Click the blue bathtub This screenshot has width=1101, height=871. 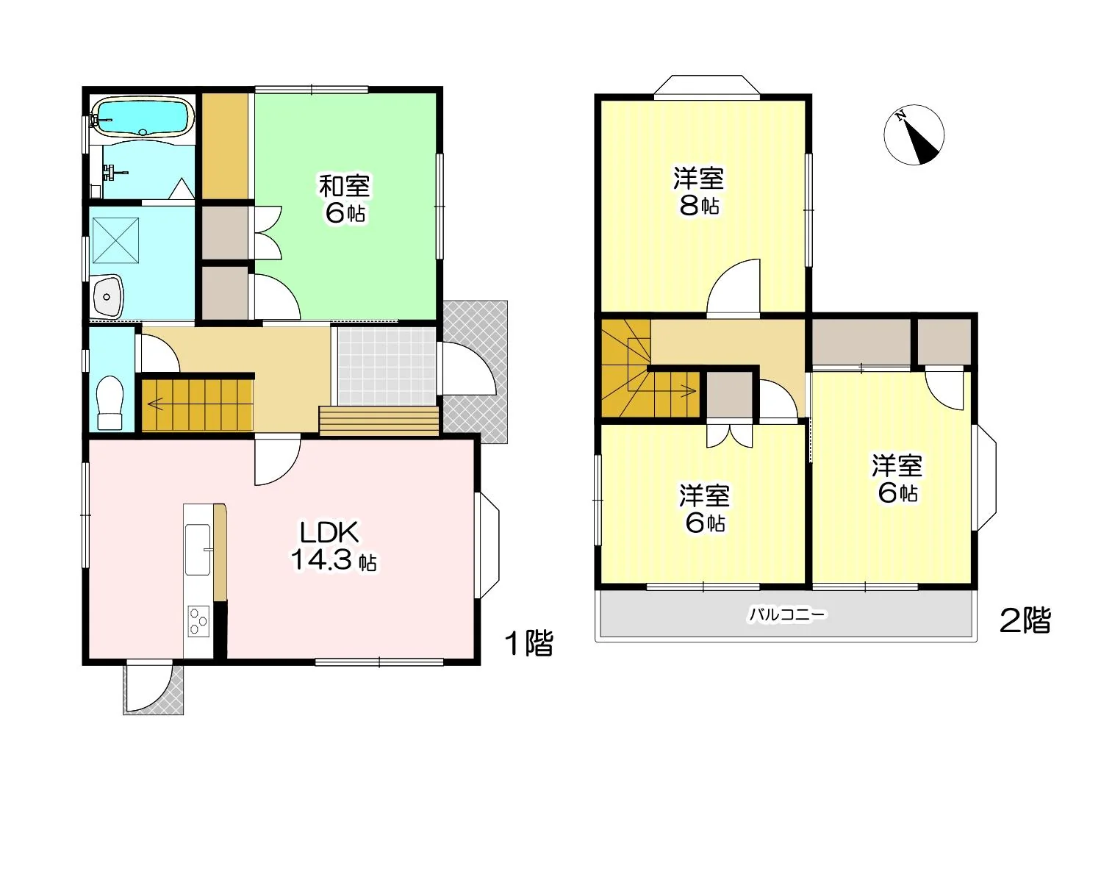143,118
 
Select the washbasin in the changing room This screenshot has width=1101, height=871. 107,295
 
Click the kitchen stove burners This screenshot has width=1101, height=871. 198,621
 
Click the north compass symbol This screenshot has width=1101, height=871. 914,135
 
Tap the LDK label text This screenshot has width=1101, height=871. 329,533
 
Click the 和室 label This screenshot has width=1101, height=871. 344,186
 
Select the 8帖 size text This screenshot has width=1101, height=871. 699,206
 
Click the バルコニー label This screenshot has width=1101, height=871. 787,614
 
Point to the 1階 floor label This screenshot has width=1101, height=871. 529,644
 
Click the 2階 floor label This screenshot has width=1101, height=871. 1025,621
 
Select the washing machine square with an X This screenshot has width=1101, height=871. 115,240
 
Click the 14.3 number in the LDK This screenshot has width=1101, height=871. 321,559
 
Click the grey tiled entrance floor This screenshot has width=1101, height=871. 386,366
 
